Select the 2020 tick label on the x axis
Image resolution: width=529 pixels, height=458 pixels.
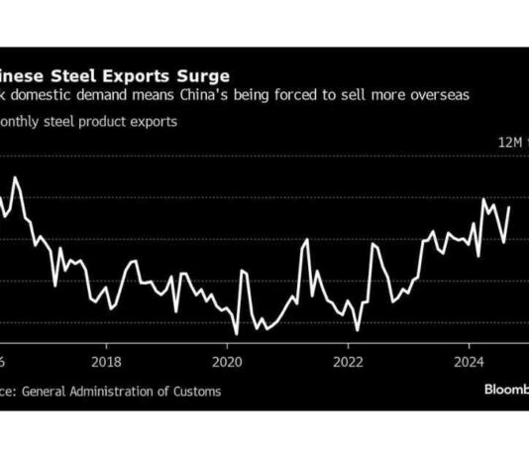pyautogui.click(x=227, y=361)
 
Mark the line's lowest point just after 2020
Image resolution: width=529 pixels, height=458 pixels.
pyautogui.click(x=237, y=334)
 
